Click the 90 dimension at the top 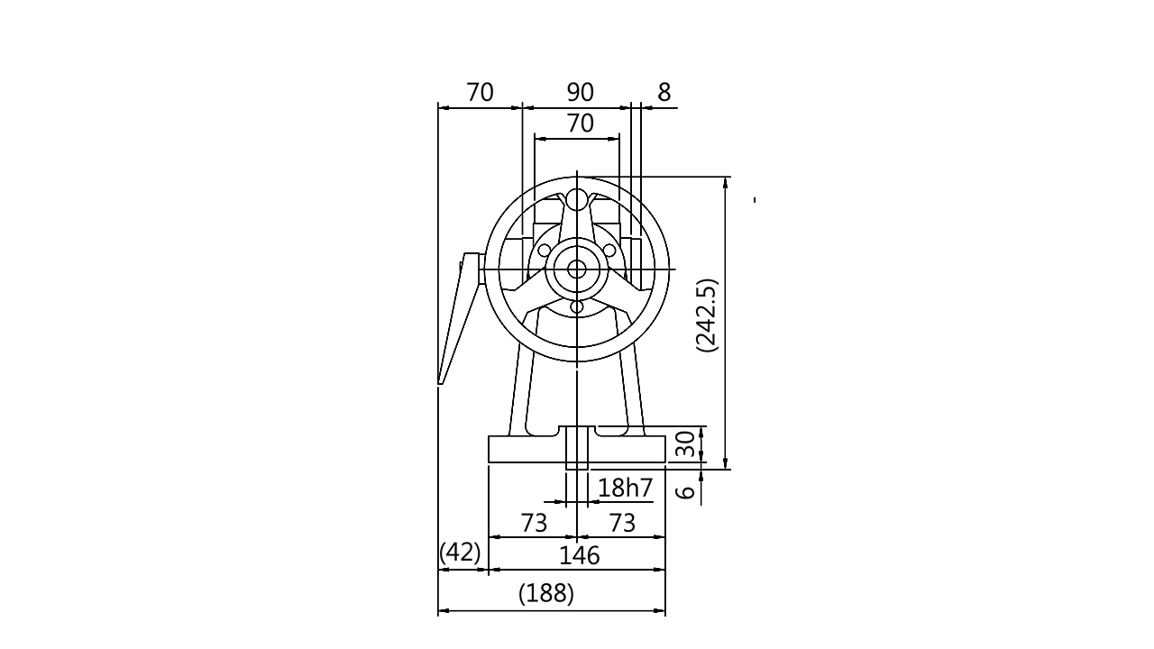click(580, 92)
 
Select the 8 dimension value click(664, 92)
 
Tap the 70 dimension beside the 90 click(480, 92)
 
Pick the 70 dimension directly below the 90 click(582, 123)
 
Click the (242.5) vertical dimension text click(707, 313)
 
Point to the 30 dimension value click(686, 443)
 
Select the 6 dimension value click(686, 492)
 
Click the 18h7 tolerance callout click(625, 489)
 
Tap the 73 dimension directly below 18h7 click(621, 523)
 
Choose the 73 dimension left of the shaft click(534, 523)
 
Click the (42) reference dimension click(461, 552)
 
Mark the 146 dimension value click(579, 556)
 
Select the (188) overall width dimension click(547, 594)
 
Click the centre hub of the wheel click(577, 268)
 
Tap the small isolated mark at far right click(754, 202)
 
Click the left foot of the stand click(517, 421)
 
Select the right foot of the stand click(639, 421)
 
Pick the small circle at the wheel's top click(577, 201)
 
